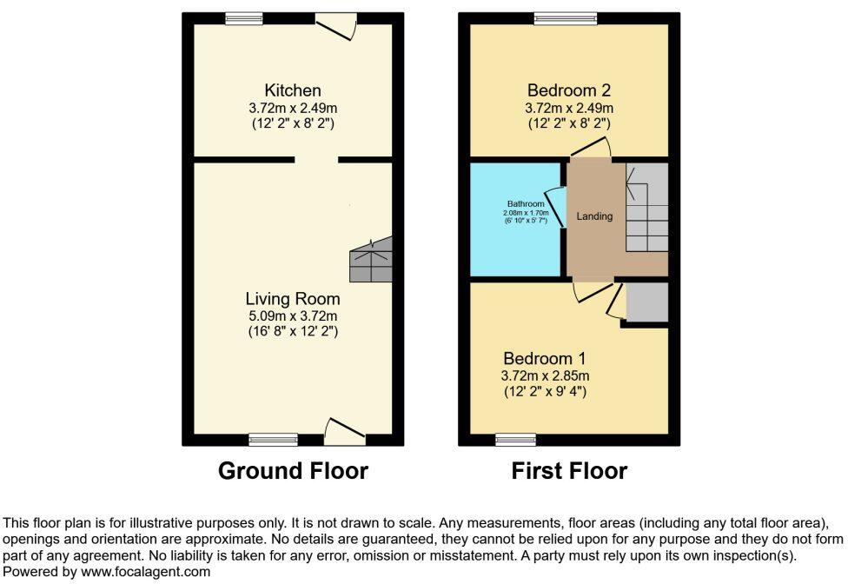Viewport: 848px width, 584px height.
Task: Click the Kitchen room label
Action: (x=293, y=90)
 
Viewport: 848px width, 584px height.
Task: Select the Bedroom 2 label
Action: (x=569, y=90)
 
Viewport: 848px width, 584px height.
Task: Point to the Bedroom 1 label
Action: (x=545, y=358)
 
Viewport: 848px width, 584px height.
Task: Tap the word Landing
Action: (x=594, y=216)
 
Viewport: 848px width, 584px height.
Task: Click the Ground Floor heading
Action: (x=293, y=471)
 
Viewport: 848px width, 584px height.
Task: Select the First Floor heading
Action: (x=569, y=471)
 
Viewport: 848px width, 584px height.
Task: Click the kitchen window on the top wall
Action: (x=244, y=18)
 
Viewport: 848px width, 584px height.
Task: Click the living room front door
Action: (x=344, y=430)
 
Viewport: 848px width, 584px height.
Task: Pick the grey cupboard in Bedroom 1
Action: (x=647, y=302)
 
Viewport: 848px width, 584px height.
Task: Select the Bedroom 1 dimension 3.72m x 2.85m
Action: (x=545, y=375)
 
